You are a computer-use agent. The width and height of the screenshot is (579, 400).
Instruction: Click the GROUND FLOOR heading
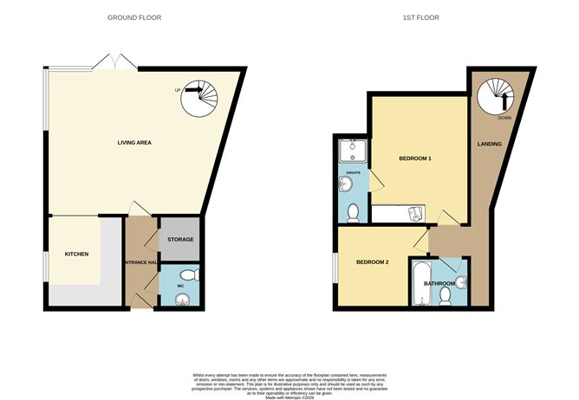(133, 17)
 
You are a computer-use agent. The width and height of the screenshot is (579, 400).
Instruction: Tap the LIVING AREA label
(135, 141)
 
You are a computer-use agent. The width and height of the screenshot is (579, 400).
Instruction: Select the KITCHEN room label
(77, 255)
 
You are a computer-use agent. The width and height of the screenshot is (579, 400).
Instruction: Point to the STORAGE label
(180, 239)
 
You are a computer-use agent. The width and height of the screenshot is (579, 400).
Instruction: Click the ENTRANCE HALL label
(140, 262)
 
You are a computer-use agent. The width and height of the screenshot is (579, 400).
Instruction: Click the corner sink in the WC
(183, 300)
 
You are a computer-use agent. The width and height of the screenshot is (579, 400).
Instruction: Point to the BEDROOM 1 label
(415, 159)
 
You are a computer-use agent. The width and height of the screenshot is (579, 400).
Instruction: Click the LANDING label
(490, 144)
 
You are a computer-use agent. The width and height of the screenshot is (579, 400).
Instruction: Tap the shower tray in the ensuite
(352, 153)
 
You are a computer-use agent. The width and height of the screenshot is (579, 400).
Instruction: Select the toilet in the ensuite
(352, 213)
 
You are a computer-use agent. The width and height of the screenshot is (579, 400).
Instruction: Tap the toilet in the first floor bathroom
(446, 296)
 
